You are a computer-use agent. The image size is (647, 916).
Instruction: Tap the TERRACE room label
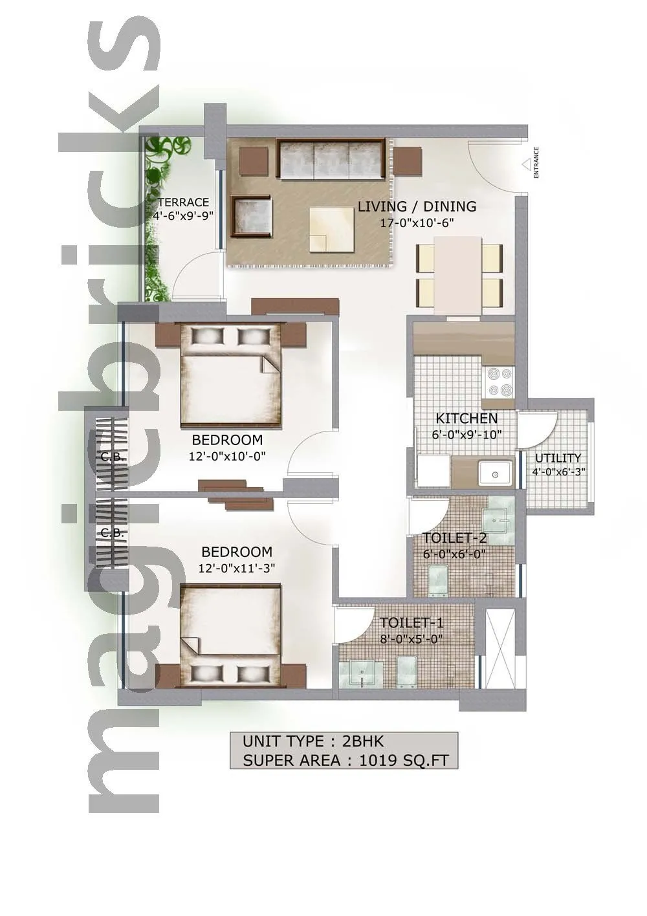(x=184, y=202)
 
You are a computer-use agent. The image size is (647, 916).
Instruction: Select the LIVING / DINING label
(x=417, y=207)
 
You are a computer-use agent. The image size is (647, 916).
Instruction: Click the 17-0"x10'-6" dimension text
(x=417, y=223)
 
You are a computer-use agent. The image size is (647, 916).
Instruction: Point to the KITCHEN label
(x=466, y=419)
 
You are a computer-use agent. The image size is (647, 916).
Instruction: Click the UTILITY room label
(x=558, y=458)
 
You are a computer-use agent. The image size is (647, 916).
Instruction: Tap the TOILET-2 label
(x=454, y=538)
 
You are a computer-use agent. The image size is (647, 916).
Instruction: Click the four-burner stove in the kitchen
(x=498, y=382)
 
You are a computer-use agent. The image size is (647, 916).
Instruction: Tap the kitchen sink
(x=496, y=473)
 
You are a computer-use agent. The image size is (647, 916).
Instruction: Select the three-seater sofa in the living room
(x=332, y=160)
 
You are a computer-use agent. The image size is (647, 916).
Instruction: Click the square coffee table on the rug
(x=331, y=229)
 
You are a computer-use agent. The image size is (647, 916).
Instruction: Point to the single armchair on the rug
(x=253, y=216)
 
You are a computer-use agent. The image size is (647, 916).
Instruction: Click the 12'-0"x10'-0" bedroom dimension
(x=227, y=456)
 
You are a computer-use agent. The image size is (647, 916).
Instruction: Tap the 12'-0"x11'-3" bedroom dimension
(x=236, y=568)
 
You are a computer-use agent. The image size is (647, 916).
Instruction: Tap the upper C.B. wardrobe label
(x=113, y=457)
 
